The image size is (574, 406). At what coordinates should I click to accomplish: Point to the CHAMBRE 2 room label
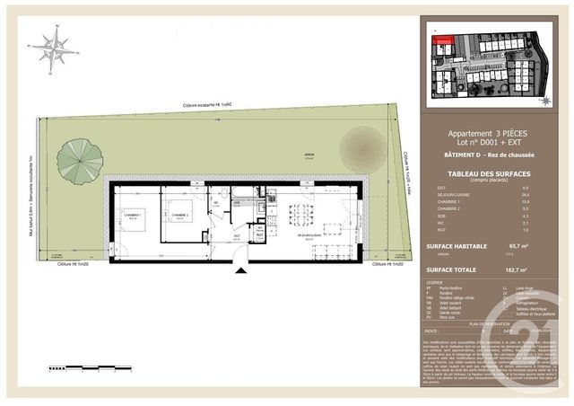pyautogui.click(x=178, y=216)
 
